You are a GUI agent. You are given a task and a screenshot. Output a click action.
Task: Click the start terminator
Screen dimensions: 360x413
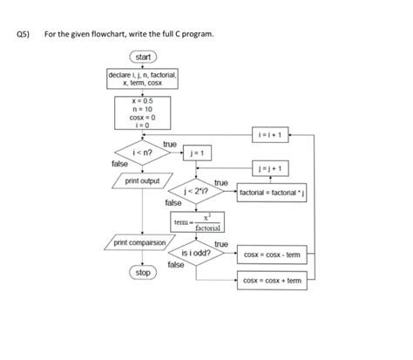point(143,58)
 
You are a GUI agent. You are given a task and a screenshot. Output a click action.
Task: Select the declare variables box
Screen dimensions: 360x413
point(143,79)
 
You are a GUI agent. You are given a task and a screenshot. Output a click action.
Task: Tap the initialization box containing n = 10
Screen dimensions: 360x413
point(143,112)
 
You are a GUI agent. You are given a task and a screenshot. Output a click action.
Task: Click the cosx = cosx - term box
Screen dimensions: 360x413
point(272,255)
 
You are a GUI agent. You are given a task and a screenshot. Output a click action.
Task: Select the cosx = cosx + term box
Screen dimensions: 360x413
point(272,281)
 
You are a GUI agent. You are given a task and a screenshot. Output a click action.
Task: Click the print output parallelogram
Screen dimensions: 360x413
point(143,180)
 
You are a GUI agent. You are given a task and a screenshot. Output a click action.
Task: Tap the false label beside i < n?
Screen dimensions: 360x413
point(119,164)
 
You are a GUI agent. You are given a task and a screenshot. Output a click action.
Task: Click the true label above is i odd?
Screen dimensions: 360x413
point(220,244)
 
